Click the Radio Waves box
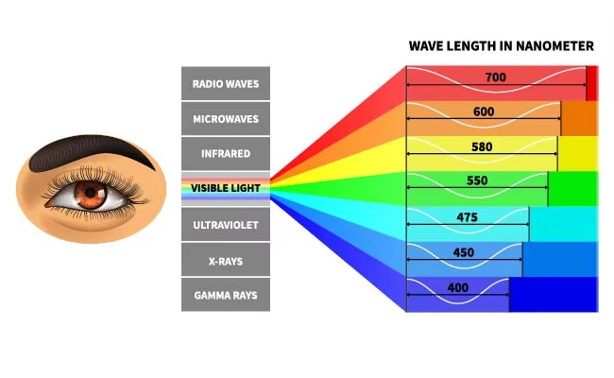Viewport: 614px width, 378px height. tap(226, 83)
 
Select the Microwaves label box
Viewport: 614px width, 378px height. tap(226, 119)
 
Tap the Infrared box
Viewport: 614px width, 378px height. tap(226, 153)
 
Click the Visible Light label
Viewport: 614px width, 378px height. tap(226, 188)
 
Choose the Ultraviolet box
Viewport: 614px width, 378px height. tap(226, 225)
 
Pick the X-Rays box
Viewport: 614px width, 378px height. tap(226, 260)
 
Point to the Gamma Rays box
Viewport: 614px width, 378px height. tap(226, 295)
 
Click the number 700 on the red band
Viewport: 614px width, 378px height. tap(496, 77)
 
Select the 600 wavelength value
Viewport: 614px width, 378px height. tap(484, 112)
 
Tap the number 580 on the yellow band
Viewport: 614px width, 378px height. tap(482, 146)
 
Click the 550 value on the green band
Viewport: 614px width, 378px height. tap(477, 180)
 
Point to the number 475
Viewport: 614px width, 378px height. tap(468, 217)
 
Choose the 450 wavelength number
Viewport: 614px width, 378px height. tap(464, 252)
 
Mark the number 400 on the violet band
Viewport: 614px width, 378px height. tap(458, 288)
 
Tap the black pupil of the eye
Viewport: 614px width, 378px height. tap(91, 193)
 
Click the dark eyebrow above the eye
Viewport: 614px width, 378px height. tap(91, 151)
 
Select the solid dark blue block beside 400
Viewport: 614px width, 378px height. tap(554, 295)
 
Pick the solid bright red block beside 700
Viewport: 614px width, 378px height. tap(592, 83)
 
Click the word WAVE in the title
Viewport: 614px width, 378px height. tap(426, 45)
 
